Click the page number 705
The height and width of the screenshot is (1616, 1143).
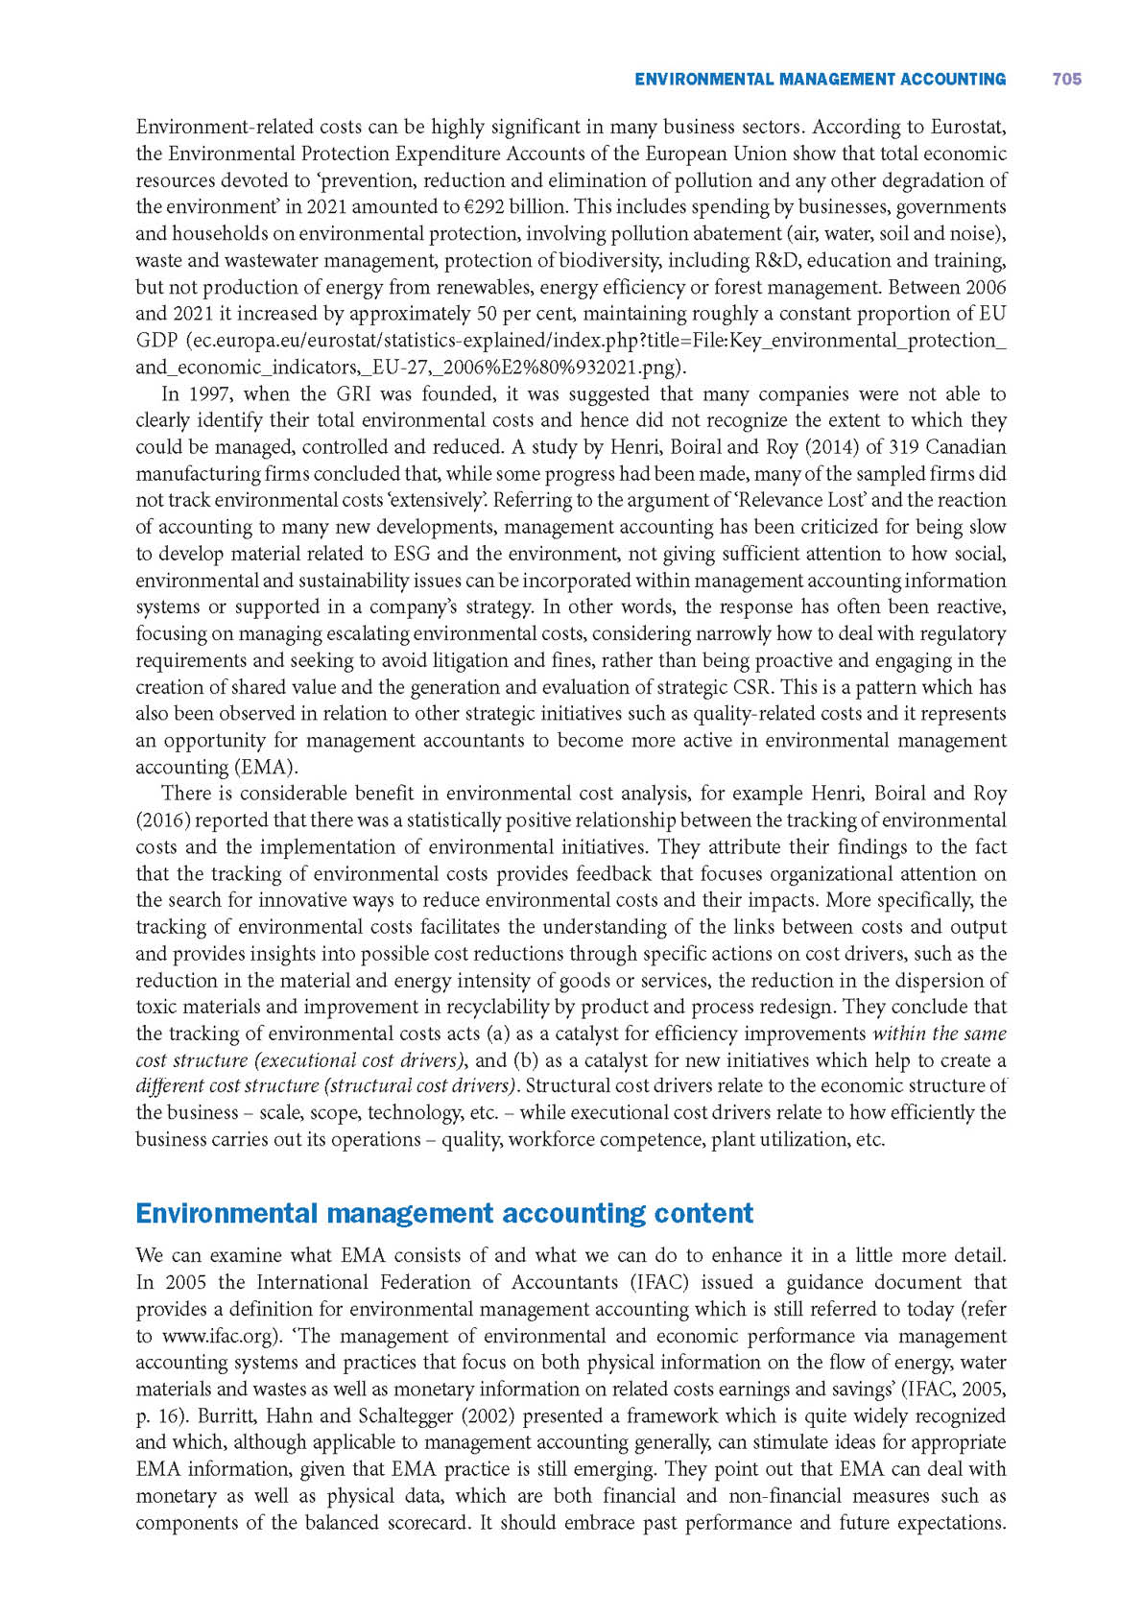click(x=1066, y=80)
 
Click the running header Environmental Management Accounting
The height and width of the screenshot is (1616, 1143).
click(x=820, y=80)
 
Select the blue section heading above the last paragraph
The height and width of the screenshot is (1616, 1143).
click(x=444, y=1213)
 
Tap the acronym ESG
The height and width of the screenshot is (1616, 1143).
click(x=413, y=554)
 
